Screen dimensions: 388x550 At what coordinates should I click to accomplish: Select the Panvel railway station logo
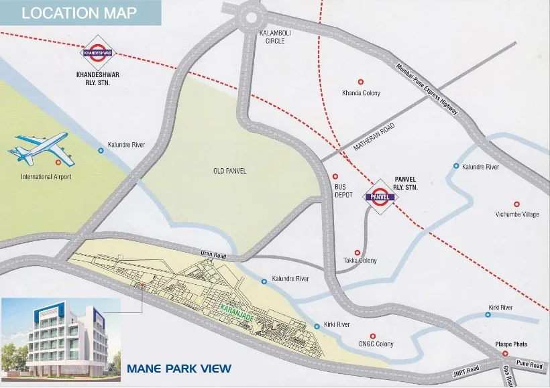[380, 196]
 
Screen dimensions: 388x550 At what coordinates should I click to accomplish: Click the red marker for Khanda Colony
[362, 81]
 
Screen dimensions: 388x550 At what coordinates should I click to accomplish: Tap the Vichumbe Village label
[516, 214]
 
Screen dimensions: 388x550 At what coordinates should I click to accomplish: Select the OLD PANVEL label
[229, 171]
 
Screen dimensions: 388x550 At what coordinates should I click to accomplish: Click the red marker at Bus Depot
[335, 177]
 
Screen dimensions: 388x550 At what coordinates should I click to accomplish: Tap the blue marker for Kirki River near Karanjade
[317, 326]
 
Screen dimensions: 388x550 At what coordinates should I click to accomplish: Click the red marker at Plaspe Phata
[505, 353]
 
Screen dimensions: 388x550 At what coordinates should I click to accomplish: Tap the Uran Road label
[215, 253]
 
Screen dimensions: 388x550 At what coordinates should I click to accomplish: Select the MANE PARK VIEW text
[180, 368]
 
